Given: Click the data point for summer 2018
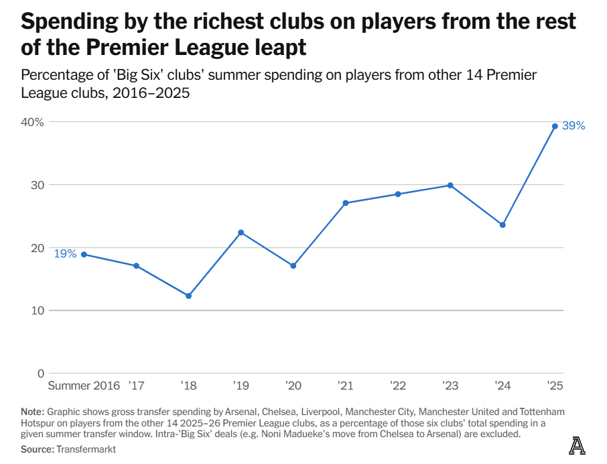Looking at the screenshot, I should pyautogui.click(x=188, y=296).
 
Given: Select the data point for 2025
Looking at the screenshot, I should pyautogui.click(x=555, y=126).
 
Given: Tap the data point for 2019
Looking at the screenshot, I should pyautogui.click(x=241, y=233).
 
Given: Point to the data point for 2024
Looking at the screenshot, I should pyautogui.click(x=502, y=225).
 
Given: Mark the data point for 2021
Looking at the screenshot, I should pyautogui.click(x=346, y=203).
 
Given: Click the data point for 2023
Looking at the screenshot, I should pyautogui.click(x=450, y=185).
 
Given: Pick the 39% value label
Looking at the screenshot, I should pyautogui.click(x=574, y=126).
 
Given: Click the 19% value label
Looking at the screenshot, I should pyautogui.click(x=65, y=254).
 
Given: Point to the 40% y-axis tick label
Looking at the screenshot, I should pyautogui.click(x=32, y=122).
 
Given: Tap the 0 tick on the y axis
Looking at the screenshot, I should pyautogui.click(x=40, y=373).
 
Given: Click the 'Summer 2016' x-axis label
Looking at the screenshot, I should pyautogui.click(x=84, y=386).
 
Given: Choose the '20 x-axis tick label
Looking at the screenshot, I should pyautogui.click(x=293, y=386).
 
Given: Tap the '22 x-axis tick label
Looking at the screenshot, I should pyautogui.click(x=397, y=386).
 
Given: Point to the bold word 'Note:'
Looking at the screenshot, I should pyautogui.click(x=31, y=411).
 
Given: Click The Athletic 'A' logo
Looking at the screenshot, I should pyautogui.click(x=576, y=445).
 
